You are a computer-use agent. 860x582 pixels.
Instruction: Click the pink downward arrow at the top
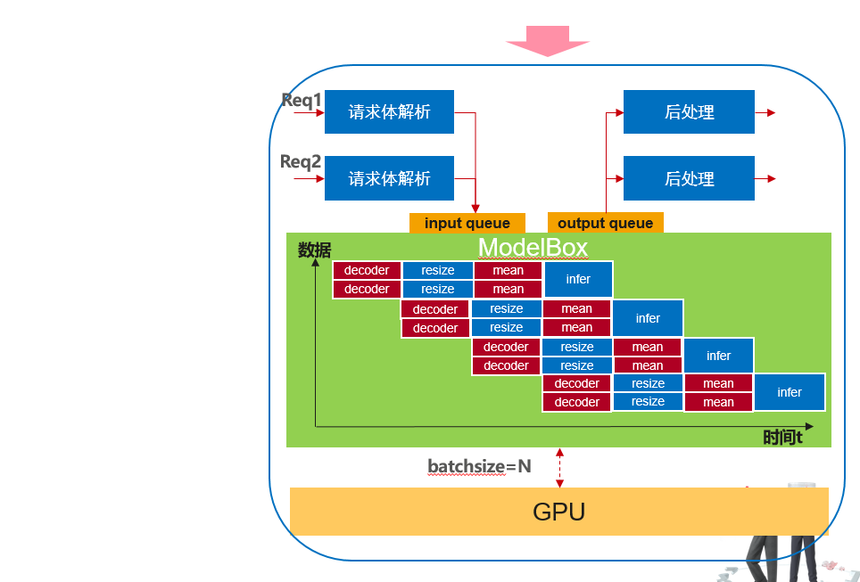[x=547, y=41]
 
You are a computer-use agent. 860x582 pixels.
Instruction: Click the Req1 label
[x=302, y=100]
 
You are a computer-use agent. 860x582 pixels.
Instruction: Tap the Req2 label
[x=301, y=161]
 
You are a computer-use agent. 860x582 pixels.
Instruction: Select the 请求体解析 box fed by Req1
[x=389, y=112]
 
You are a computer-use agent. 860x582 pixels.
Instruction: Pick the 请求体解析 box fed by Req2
[x=389, y=178]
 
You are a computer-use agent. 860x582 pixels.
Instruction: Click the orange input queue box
[x=467, y=223]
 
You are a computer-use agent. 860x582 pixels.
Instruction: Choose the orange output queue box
[x=606, y=223]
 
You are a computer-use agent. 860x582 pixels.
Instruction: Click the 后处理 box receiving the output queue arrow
[x=689, y=112]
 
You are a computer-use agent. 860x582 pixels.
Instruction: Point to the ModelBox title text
[x=533, y=247]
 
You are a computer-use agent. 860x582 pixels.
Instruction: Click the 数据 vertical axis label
[x=314, y=250]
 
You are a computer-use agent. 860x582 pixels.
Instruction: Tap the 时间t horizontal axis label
[x=782, y=438]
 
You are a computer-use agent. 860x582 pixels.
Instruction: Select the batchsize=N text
[x=479, y=466]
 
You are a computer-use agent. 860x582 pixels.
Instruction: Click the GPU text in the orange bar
[x=558, y=512]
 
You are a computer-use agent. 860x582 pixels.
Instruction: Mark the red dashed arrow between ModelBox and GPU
[x=559, y=468]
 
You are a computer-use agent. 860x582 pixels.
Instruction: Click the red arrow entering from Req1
[x=309, y=113]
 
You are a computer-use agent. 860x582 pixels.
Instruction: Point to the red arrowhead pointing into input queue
[x=475, y=208]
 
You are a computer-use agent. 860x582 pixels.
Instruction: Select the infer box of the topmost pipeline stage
[x=578, y=279]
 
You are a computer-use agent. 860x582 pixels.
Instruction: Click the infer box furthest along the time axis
[x=790, y=392]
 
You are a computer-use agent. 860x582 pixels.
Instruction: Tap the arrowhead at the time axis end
[x=809, y=427]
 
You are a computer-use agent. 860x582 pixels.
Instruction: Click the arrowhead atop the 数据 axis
[x=316, y=263]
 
